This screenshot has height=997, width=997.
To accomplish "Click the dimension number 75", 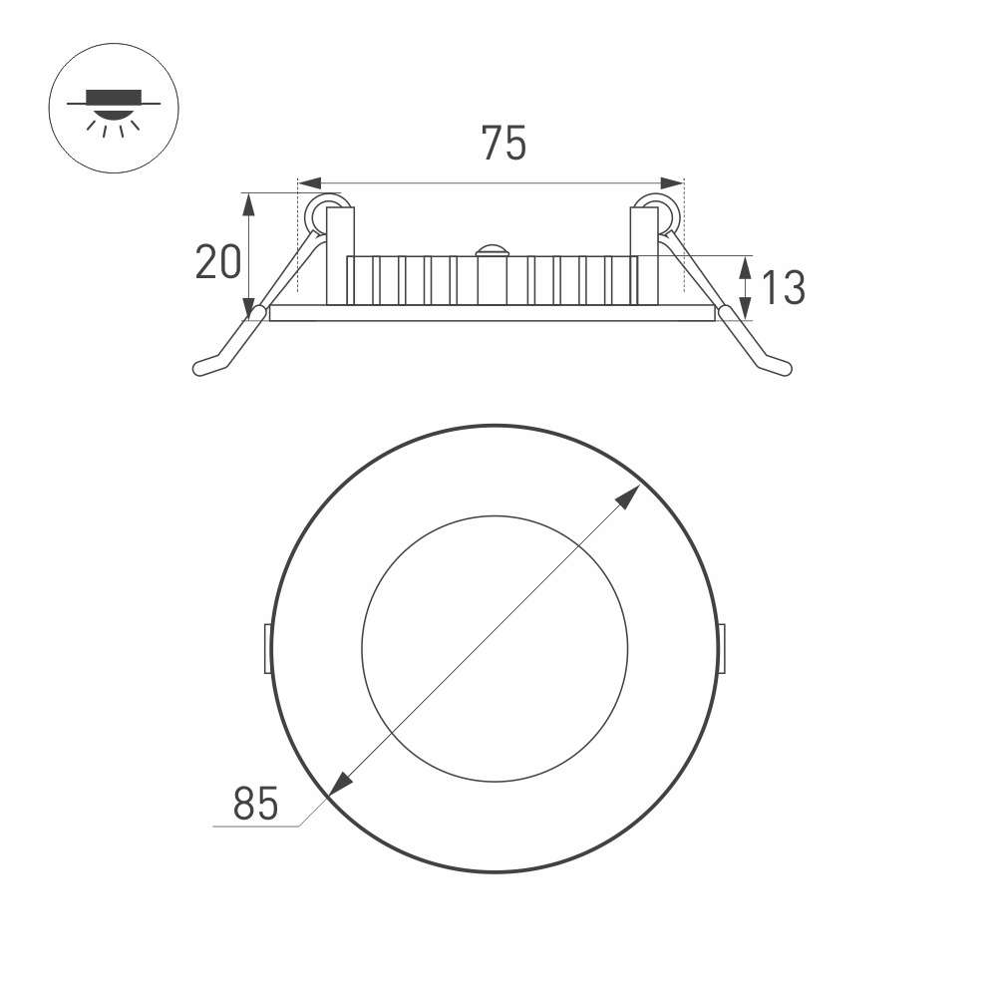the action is (503, 143).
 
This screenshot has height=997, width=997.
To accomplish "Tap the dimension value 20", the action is (218, 262).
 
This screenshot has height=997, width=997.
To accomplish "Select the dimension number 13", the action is (783, 287).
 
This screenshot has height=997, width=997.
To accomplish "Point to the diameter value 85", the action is (255, 804).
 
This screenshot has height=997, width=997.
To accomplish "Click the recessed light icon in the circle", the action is (114, 113).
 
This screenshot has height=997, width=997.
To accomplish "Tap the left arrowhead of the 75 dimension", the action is (310, 183).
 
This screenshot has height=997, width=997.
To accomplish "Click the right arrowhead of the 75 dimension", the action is (672, 183).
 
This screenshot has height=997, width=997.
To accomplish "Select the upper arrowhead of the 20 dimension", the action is (248, 204).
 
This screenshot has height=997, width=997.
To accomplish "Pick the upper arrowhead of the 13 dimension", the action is (745, 267).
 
